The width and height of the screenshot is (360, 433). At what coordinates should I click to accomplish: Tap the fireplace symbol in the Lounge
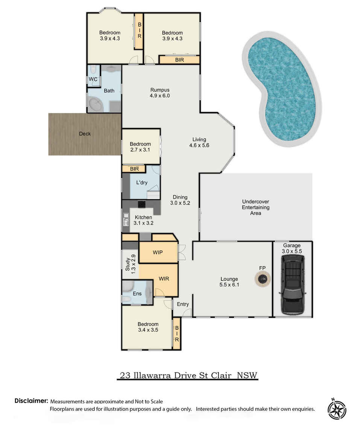[x=262, y=279]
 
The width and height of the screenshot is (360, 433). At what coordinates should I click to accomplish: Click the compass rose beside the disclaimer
[x=337, y=409]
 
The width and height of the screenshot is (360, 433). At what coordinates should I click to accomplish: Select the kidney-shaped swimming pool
[x=281, y=88]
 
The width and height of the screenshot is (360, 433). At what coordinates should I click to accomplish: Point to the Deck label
[x=85, y=134]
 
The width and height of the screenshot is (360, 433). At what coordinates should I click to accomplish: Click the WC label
[x=93, y=79]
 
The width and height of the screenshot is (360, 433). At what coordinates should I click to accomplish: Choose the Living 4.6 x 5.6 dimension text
[x=199, y=145]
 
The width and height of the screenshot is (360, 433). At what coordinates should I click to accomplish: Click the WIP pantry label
[x=158, y=252]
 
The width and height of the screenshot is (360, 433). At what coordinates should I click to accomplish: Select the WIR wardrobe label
[x=164, y=279]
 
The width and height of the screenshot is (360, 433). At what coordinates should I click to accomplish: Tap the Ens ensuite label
[x=137, y=294]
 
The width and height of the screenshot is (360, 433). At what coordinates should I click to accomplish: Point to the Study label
[x=128, y=264]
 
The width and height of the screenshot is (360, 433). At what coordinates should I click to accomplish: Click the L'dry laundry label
[x=142, y=183]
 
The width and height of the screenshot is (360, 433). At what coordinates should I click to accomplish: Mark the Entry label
[x=182, y=304]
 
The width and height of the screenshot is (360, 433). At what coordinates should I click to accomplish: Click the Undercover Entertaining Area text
[x=256, y=207]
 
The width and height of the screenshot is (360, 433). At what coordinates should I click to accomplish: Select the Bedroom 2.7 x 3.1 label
[x=140, y=147]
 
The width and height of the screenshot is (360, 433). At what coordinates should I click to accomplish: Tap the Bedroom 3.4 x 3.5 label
[x=148, y=327]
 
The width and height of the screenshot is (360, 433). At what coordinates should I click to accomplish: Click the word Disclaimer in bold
[x=32, y=401]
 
